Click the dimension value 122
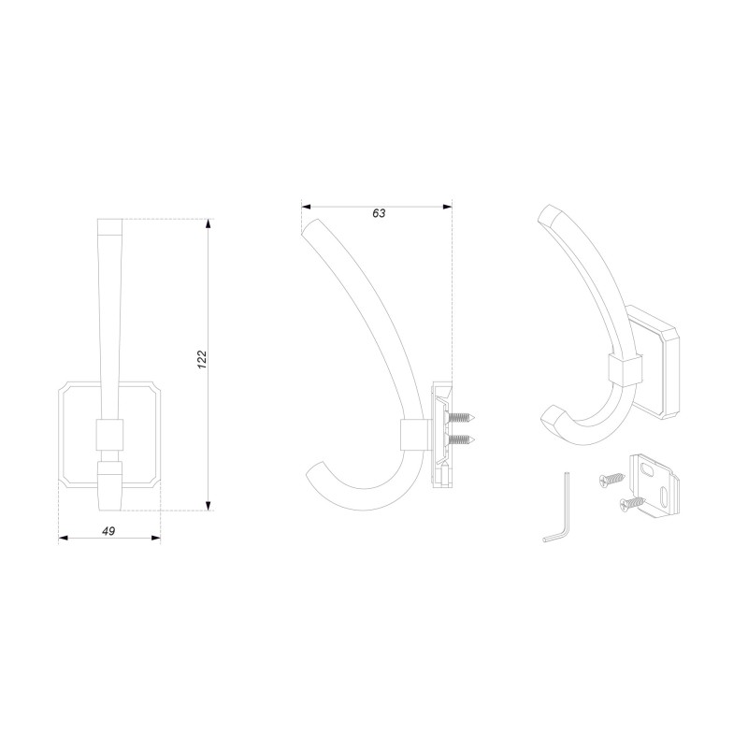pyautogui.click(x=202, y=359)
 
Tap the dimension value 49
pyautogui.click(x=109, y=530)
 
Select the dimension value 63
pyautogui.click(x=379, y=213)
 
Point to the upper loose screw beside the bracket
pyautogui.click(x=612, y=479)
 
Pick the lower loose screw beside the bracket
pyautogui.click(x=632, y=503)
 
